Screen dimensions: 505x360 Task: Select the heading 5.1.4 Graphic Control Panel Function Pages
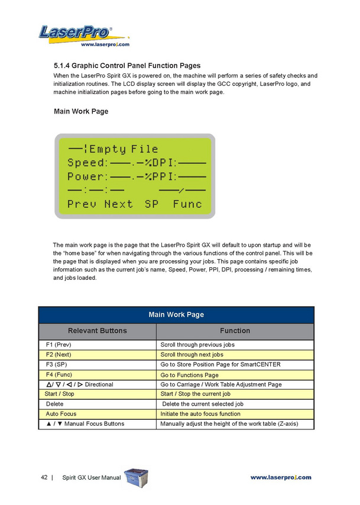127,66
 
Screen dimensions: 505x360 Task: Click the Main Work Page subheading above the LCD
81,111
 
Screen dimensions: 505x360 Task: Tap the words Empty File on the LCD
124,149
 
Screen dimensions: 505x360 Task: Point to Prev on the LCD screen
82,204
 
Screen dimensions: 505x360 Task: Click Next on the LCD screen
118,204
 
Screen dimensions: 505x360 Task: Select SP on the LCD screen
152,204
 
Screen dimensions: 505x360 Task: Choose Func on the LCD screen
187,204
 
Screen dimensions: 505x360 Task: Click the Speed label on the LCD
87,163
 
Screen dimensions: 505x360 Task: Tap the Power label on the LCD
87,176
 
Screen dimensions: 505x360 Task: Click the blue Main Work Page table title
176,315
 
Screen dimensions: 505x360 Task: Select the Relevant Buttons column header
98,331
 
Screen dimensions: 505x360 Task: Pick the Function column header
235,331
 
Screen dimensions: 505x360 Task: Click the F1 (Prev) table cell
62,345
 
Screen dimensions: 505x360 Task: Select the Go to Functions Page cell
189,375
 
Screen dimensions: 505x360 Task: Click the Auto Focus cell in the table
61,414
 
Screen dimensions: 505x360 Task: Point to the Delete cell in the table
54,404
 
